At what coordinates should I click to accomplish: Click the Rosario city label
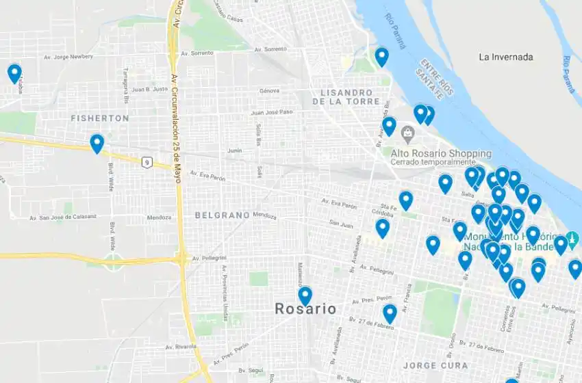point(305,309)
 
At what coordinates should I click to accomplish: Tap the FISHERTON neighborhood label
point(100,118)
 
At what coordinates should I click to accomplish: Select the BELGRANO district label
point(222,215)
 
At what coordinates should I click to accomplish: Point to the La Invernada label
point(506,57)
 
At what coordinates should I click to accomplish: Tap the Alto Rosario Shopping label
point(441,153)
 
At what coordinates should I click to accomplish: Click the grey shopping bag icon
point(408,131)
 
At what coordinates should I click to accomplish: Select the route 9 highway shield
point(147,161)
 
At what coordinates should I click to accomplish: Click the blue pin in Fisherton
point(97,143)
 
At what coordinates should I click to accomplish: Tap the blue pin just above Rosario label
point(305,295)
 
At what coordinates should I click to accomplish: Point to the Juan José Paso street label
point(272,112)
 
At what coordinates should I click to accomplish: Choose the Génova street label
point(270,91)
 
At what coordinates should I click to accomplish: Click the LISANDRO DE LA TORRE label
point(346,96)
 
